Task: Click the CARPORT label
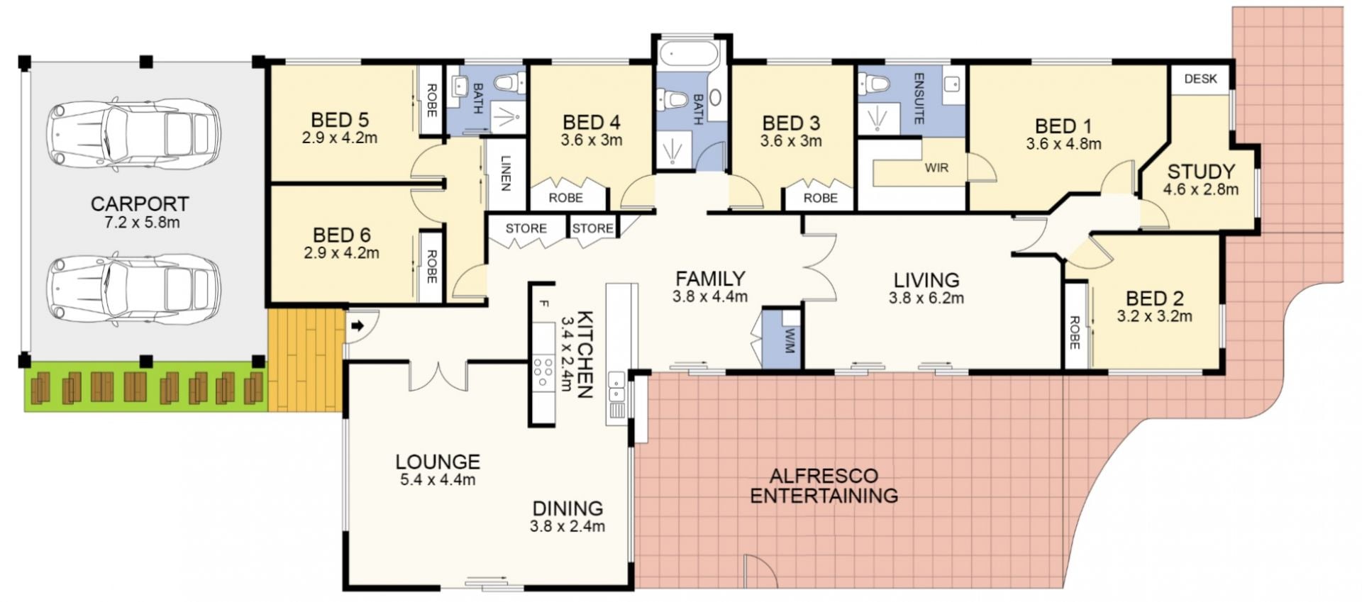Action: pyautogui.click(x=140, y=204)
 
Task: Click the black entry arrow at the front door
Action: pyautogui.click(x=358, y=326)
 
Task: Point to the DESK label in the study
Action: pyautogui.click(x=1201, y=79)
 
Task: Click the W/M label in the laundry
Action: pyautogui.click(x=789, y=340)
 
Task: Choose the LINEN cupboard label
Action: pyautogui.click(x=506, y=173)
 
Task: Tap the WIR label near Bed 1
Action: pyautogui.click(x=936, y=168)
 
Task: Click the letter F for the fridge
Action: pyautogui.click(x=544, y=304)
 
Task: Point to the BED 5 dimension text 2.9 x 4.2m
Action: pyautogui.click(x=340, y=138)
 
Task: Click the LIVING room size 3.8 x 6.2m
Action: pyautogui.click(x=926, y=299)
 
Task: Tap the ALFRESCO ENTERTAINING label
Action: pyautogui.click(x=824, y=485)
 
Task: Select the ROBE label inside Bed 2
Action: pyautogui.click(x=1075, y=333)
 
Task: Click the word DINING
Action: pyautogui.click(x=567, y=508)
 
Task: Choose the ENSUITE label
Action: pyautogui.click(x=919, y=99)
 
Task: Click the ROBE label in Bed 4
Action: pyautogui.click(x=565, y=198)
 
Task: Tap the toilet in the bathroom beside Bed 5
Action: pyautogui.click(x=509, y=83)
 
